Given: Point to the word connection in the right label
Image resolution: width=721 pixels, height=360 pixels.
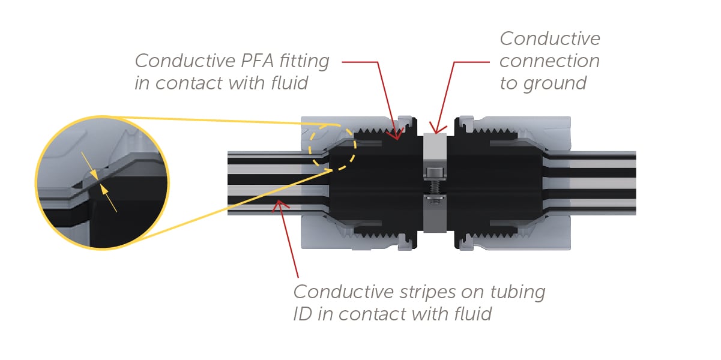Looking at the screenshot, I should tap(549, 61).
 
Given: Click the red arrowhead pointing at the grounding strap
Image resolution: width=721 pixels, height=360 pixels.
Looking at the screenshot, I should tap(436, 130).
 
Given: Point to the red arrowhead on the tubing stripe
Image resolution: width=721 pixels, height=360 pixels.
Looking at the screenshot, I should tap(277, 206).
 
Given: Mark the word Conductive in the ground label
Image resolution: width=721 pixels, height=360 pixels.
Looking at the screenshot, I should tap(549, 39).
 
